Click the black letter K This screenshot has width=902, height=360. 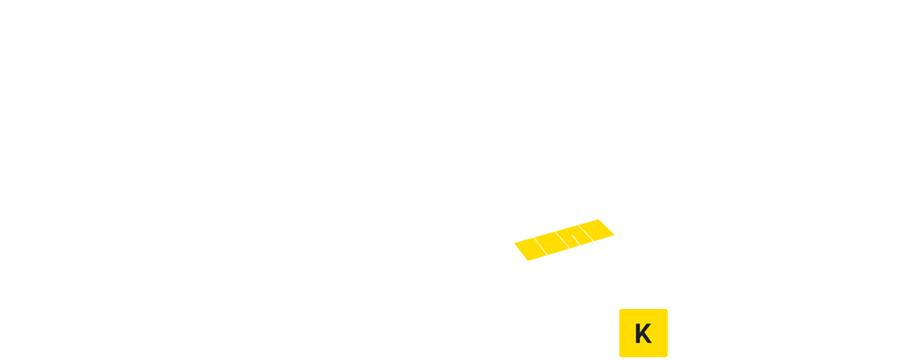[643, 333]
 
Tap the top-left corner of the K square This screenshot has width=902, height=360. [620, 309]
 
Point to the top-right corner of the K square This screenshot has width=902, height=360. [668, 309]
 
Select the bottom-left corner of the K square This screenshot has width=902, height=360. [620, 356]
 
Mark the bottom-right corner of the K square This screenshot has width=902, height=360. [668, 356]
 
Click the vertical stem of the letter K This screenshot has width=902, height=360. [638, 333]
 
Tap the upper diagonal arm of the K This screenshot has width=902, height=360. [647, 327]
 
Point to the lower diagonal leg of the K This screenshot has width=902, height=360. [647, 340]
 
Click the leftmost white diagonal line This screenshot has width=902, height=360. [539, 244]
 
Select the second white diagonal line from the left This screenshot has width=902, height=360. [563, 240]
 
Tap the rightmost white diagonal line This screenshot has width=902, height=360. [584, 232]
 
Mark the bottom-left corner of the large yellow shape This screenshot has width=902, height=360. [514, 260]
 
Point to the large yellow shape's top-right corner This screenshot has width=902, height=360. [614, 220]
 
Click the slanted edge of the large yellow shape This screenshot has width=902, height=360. [595, 240]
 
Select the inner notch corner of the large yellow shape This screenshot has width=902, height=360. [575, 247]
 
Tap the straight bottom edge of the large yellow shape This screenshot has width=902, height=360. [544, 260]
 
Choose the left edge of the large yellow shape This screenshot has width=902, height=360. [514, 240]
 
